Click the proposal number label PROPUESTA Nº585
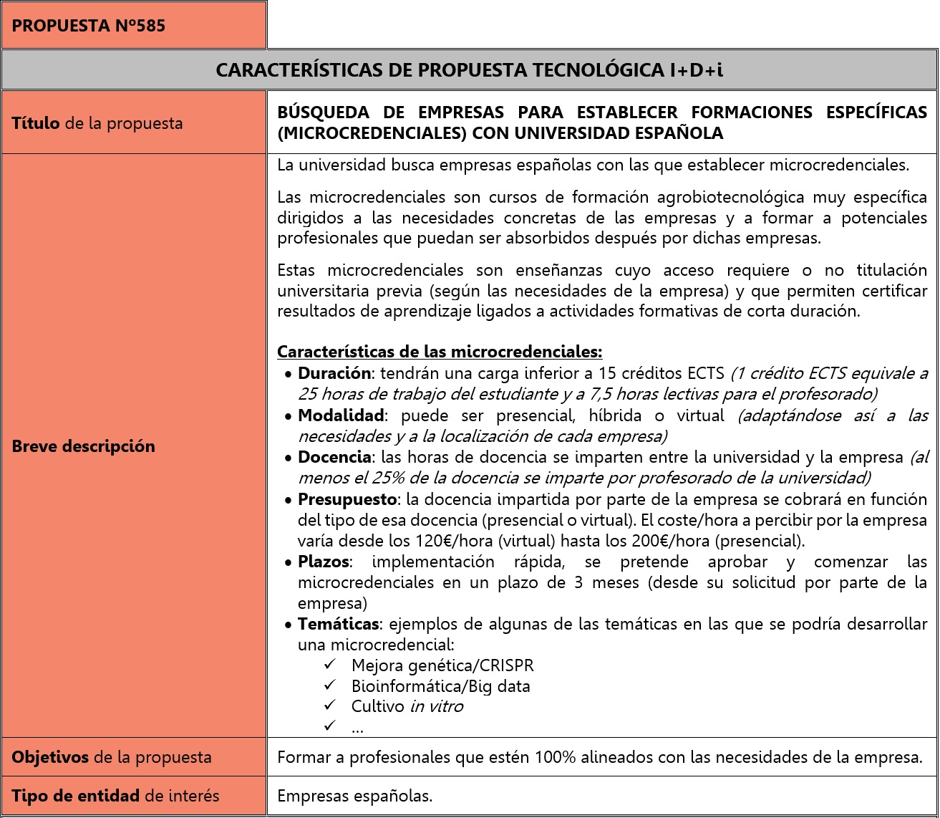point(89,27)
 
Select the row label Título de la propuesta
point(97,123)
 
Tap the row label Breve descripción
point(83,446)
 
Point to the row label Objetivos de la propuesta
point(112,757)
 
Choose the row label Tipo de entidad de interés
point(115,796)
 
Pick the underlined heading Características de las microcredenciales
point(440,352)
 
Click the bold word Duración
point(334,373)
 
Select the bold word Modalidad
point(341,415)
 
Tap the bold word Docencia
point(334,457)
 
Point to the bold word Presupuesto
point(347,499)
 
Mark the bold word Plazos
point(324,562)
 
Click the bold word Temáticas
point(338,625)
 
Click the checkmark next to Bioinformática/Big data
point(330,686)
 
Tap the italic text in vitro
point(436,706)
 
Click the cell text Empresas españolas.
point(355,796)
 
